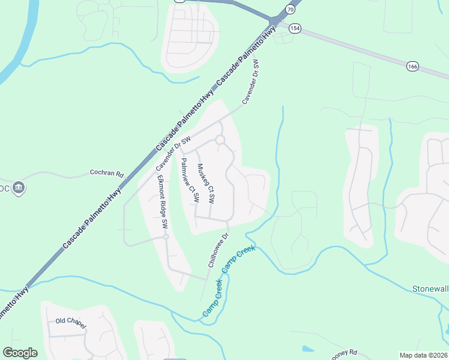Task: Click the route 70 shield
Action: pos(291,10)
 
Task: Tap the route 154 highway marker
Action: pos(294,29)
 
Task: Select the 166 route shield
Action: pos(412,66)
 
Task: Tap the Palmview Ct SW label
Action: pos(189,180)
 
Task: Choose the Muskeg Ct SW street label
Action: pos(206,184)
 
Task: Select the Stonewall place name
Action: pos(430,289)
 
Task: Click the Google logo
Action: pos(20,353)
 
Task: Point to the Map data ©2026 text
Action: pos(423,355)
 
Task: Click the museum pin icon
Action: pos(19,188)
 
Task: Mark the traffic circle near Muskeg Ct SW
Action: pos(220,140)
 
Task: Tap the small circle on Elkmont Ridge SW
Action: pos(166,237)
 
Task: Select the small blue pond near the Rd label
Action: pos(308,348)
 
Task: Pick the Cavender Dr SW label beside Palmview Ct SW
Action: pos(173,153)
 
